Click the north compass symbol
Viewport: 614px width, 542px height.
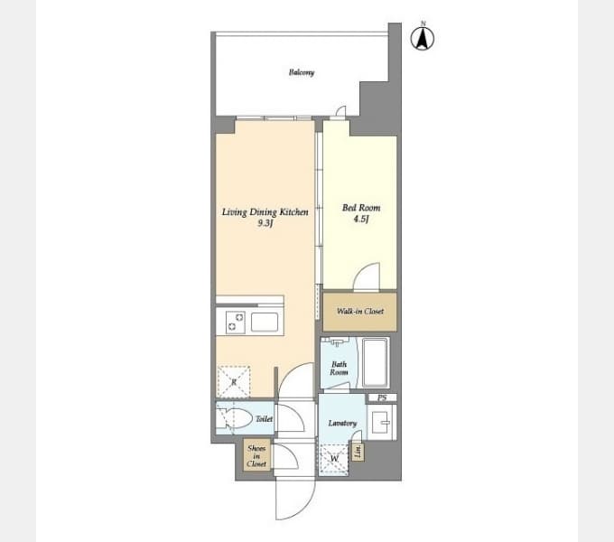pos(423,38)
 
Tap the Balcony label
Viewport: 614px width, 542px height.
pos(302,72)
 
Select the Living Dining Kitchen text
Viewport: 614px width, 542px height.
pos(265,212)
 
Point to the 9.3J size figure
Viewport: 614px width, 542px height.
pos(265,224)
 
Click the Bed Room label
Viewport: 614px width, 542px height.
pos(360,208)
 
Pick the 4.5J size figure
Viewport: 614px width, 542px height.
pos(360,219)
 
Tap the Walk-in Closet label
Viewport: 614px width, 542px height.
pos(360,312)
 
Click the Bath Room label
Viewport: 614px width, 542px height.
pos(339,368)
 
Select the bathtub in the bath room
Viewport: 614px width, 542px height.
pos(374,363)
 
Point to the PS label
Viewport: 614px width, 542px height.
pos(382,398)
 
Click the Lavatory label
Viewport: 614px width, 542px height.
pos(342,423)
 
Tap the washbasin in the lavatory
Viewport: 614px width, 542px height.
pos(381,422)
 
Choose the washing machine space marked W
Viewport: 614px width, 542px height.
pos(334,458)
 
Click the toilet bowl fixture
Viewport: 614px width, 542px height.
pos(237,419)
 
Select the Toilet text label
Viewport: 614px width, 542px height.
pos(264,419)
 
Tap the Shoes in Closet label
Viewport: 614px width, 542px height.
pos(256,455)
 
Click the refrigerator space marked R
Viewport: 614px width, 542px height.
pos(233,382)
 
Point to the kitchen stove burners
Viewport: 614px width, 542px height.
pos(234,322)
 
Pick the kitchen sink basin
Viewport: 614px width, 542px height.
pos(265,322)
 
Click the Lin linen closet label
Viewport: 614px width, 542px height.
pos(358,452)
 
